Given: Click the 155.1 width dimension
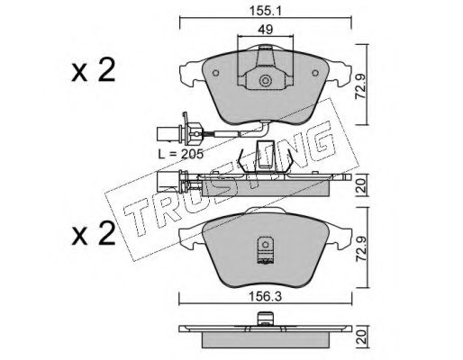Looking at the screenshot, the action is pos(265,12).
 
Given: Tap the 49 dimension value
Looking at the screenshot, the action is pos(266,30).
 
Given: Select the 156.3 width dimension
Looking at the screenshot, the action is pos(266,297).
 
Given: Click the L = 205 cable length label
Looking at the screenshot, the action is pos(181,154).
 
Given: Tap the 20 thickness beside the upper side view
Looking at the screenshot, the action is pos(361,185).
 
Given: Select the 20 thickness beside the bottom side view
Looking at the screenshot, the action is pos(361,337).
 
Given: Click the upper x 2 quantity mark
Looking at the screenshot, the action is pos(94,70).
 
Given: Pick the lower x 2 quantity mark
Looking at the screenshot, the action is pos(94,234).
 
